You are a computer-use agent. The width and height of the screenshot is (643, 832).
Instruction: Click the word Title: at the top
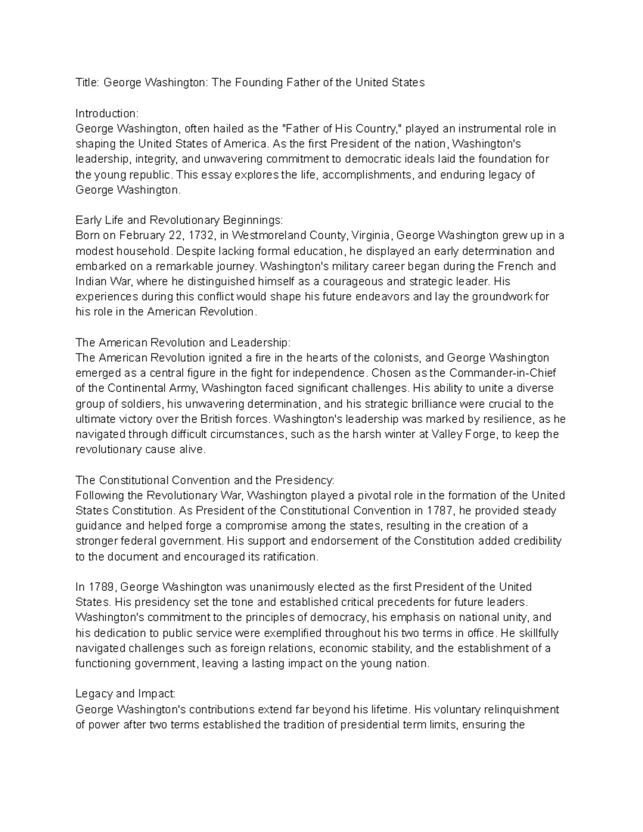[87, 83]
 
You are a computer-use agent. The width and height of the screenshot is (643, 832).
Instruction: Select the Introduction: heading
[107, 114]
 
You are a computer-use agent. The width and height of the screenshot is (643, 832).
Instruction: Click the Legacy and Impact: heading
[125, 694]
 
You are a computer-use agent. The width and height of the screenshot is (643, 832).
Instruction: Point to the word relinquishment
[521, 710]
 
